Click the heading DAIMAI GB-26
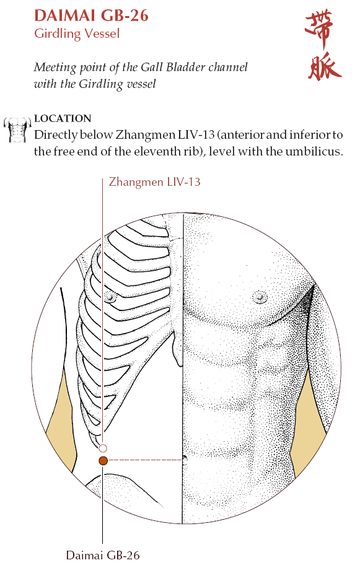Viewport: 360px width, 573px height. tap(91, 15)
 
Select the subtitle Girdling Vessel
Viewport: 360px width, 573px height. tap(77, 34)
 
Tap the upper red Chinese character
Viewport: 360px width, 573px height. tap(319, 28)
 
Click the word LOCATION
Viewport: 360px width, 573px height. tap(63, 118)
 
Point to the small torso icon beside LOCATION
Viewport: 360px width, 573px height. tap(17, 129)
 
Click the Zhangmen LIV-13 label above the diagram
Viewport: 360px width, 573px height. tap(155, 182)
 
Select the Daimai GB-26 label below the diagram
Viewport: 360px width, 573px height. tap(103, 556)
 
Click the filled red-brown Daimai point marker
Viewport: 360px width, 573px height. tap(103, 461)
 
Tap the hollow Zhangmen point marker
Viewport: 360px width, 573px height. tap(103, 448)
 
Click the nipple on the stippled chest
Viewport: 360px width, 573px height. tap(259, 296)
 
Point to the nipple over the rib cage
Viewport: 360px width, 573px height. tap(110, 297)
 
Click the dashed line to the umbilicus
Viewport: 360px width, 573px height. tap(145, 460)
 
